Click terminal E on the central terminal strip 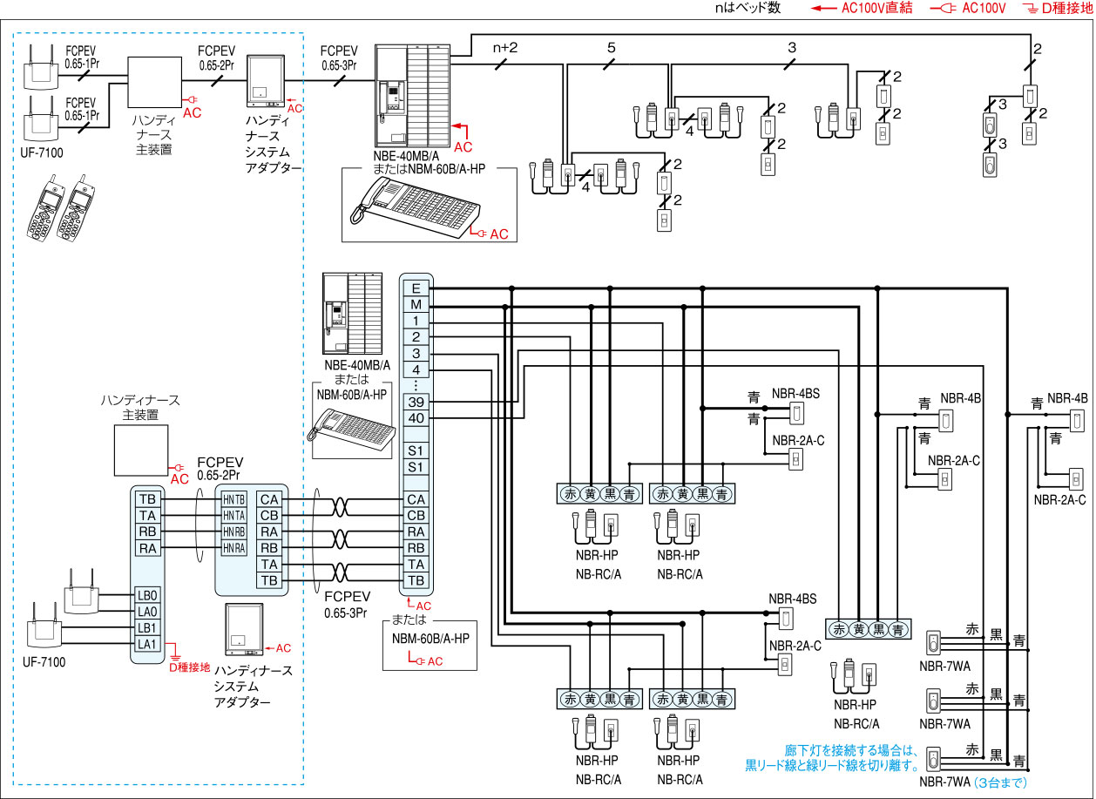coord(416,288)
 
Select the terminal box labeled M coord(416,304)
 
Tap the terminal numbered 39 coord(416,402)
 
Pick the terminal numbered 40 coord(416,418)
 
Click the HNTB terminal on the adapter coord(233,499)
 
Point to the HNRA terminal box coord(233,548)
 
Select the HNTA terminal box coord(233,516)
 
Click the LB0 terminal coord(147,595)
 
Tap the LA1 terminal coord(147,644)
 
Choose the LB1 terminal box coord(147,627)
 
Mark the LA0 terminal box coord(147,612)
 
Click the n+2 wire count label coord(505,47)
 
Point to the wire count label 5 coord(611,47)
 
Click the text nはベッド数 coord(748,8)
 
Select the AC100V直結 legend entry coord(862,8)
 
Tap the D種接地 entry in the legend coord(1059,9)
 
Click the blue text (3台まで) coord(1000,782)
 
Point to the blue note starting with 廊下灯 coord(832,758)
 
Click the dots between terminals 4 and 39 coord(416,385)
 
